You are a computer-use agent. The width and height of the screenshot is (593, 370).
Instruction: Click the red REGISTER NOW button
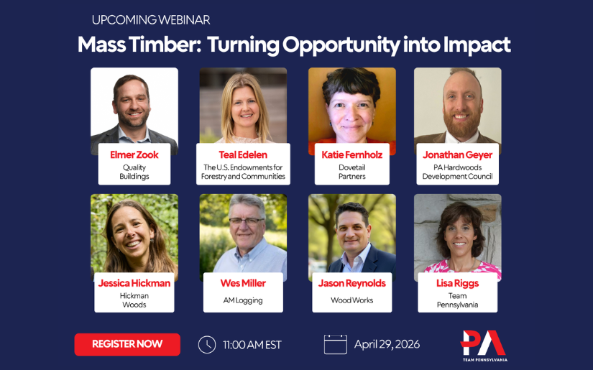click(x=127, y=344)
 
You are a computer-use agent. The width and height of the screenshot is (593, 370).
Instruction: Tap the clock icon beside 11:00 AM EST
click(x=207, y=345)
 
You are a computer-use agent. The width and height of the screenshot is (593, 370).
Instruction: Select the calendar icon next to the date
click(x=335, y=345)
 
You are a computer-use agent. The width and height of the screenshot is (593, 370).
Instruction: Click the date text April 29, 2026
click(x=387, y=345)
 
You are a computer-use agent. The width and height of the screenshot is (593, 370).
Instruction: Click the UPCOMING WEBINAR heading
click(x=151, y=20)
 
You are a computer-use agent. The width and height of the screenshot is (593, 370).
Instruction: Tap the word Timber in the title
click(x=170, y=45)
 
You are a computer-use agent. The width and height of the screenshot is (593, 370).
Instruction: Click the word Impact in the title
click(x=477, y=45)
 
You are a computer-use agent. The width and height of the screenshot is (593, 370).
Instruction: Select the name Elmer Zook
click(x=134, y=155)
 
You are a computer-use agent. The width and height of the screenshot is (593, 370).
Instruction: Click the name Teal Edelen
click(x=243, y=155)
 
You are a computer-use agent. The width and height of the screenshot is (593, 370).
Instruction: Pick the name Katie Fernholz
click(x=352, y=155)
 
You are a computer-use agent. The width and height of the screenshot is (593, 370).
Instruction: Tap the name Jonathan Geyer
click(x=458, y=155)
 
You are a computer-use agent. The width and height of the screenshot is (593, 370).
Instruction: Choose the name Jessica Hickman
click(x=134, y=283)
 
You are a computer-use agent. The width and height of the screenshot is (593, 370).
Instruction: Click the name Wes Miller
click(x=243, y=283)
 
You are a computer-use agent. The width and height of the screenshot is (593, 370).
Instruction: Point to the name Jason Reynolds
click(x=352, y=283)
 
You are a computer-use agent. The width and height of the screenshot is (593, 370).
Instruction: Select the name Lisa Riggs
click(x=458, y=283)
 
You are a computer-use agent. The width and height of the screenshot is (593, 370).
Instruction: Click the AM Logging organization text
click(x=243, y=300)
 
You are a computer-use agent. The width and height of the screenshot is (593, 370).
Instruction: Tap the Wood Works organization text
click(x=352, y=300)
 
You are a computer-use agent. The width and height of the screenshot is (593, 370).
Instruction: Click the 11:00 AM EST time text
click(x=252, y=345)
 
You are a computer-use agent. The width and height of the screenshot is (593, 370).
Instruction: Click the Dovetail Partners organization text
click(x=352, y=172)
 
